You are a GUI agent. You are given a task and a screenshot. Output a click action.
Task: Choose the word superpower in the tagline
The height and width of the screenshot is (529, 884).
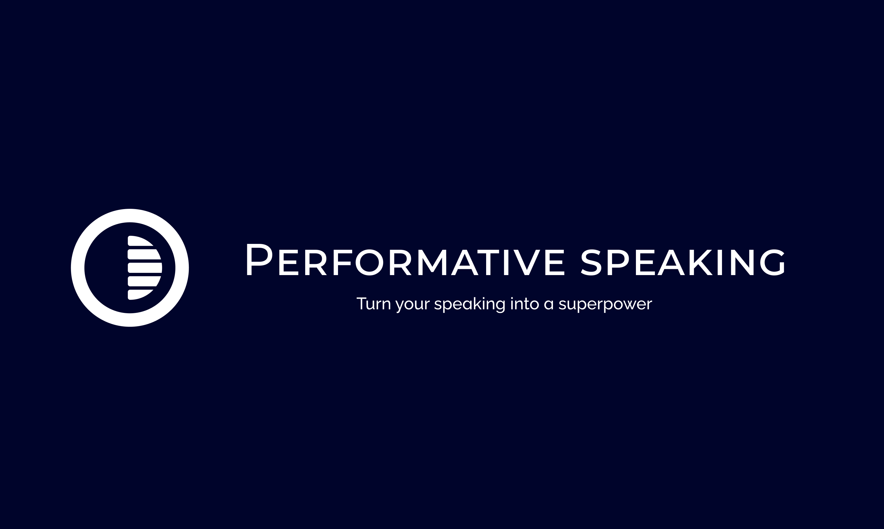click(605, 305)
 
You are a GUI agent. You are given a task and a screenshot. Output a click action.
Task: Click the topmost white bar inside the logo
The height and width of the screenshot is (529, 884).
click(140, 241)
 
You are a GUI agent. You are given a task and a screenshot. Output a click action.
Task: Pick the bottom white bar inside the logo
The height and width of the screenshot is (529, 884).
click(140, 295)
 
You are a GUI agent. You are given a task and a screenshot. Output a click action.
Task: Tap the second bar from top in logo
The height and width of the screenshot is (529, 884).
click(144, 254)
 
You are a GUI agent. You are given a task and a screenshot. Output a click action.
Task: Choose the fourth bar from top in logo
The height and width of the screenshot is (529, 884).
click(144, 281)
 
